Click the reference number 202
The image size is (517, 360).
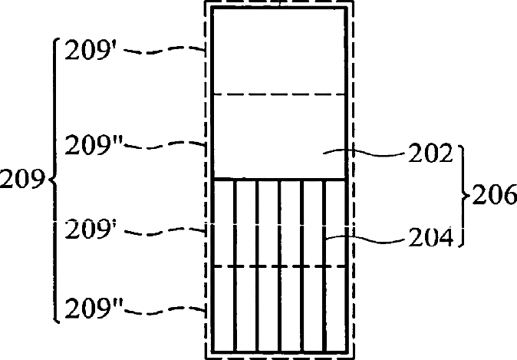click(427, 154)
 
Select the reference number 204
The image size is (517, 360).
click(427, 237)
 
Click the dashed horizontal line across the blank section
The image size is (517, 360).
click(279, 94)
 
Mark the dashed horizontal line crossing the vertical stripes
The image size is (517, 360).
click(279, 266)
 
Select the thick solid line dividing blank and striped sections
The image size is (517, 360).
click(279, 179)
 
